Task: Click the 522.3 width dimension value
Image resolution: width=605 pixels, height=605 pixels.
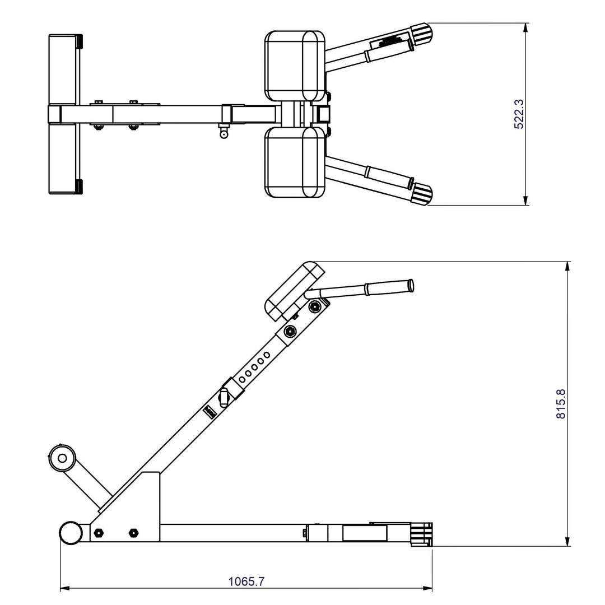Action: click(x=519, y=114)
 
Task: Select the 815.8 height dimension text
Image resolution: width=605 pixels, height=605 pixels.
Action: click(x=561, y=404)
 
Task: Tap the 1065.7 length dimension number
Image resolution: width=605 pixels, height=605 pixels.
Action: click(x=246, y=581)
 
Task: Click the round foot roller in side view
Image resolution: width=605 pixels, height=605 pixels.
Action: click(x=62, y=458)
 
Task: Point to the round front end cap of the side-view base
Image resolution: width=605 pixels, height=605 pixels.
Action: click(x=71, y=533)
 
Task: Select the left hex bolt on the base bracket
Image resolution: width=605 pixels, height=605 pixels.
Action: click(x=99, y=532)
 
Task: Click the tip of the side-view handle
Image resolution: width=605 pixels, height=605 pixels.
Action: click(x=411, y=285)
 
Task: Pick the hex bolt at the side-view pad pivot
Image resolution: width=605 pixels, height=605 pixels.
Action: click(x=315, y=306)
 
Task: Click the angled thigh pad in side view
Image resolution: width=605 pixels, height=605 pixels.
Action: click(x=295, y=291)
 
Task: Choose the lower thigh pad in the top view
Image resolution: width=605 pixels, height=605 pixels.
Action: click(x=295, y=162)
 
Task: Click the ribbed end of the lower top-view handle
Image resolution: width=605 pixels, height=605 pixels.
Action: click(x=423, y=194)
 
